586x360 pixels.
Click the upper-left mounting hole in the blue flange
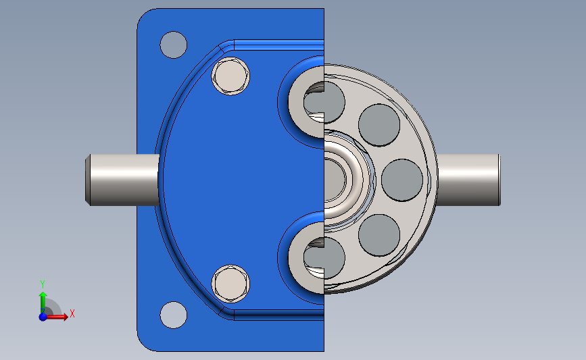(x=173, y=45)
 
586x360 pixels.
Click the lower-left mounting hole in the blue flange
(x=173, y=315)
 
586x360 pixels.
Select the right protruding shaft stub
(x=468, y=180)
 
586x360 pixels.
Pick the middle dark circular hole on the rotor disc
(x=402, y=180)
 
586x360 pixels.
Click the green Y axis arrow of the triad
(x=43, y=300)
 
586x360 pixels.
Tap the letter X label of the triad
(x=72, y=313)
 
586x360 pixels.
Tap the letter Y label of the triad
(x=42, y=284)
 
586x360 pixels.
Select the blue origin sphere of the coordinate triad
(x=43, y=316)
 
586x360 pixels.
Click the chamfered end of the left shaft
(x=89, y=180)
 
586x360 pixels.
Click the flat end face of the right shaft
(x=499, y=180)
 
